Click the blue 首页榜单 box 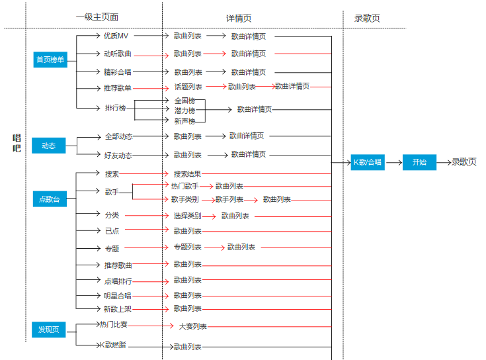point(51,60)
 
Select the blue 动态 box point(49,146)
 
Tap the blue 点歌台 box point(50,199)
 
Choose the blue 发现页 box point(48,329)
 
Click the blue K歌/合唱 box point(368,162)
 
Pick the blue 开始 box point(419,162)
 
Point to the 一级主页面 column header point(97,17)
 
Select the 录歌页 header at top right point(367,19)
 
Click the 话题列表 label point(188,87)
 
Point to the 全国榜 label point(184,101)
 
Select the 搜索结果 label point(187,174)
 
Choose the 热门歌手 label point(184,187)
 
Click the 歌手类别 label point(184,199)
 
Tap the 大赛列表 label point(192,326)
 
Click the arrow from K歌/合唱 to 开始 point(393,162)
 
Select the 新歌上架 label point(117,308)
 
